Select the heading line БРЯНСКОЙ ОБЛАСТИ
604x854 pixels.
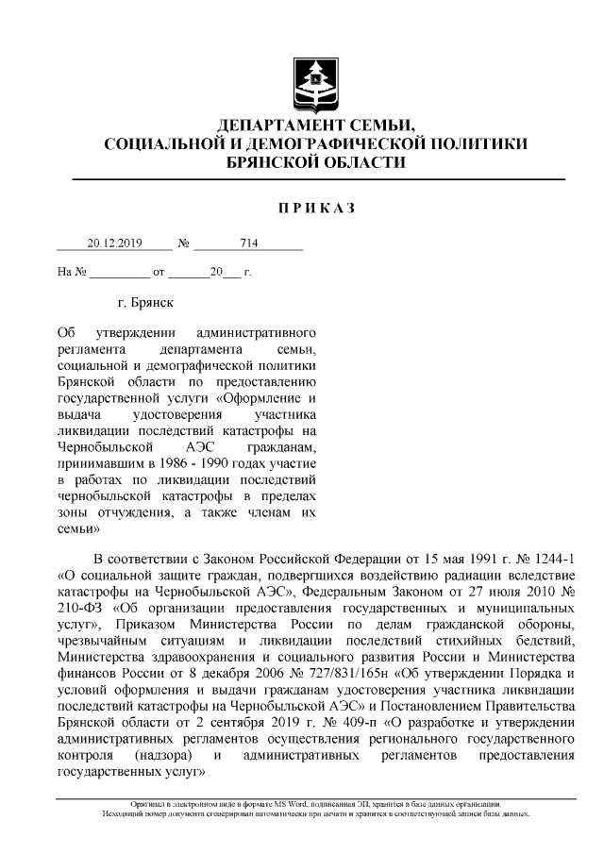point(317,161)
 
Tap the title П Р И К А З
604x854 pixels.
point(316,208)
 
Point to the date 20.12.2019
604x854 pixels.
point(114,243)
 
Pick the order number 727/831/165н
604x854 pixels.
point(310,672)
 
